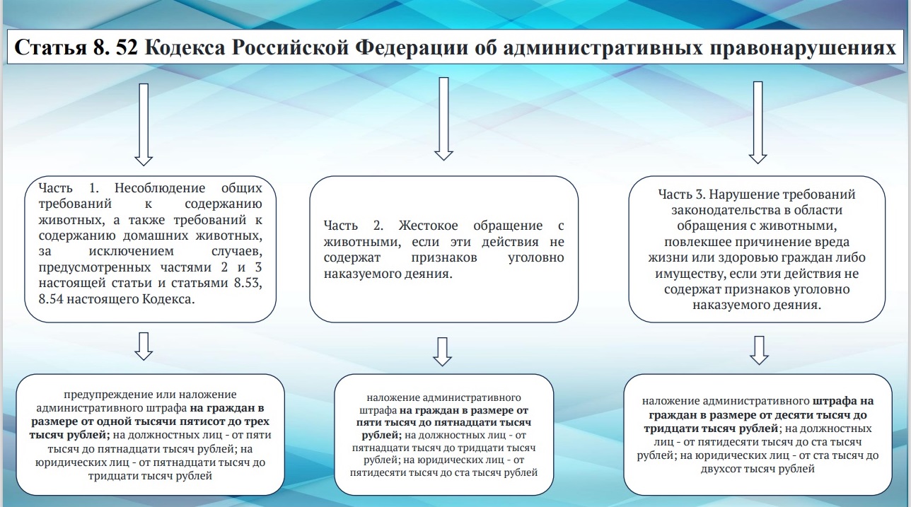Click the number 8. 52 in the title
pyautogui.click(x=115, y=47)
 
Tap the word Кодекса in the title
pyautogui.click(x=185, y=48)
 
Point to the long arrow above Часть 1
pyautogui.click(x=144, y=124)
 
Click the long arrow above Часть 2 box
pyautogui.click(x=443, y=119)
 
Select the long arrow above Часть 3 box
pyautogui.click(x=758, y=122)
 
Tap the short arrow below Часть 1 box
pyautogui.click(x=144, y=346)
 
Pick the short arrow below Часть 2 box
pyautogui.click(x=443, y=351)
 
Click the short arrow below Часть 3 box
pyautogui.click(x=760, y=350)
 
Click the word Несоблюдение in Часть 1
pyautogui.click(x=160, y=188)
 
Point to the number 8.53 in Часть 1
pyautogui.click(x=248, y=283)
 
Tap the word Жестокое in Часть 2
pyautogui.click(x=428, y=226)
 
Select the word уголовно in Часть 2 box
pyautogui.click(x=536, y=257)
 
